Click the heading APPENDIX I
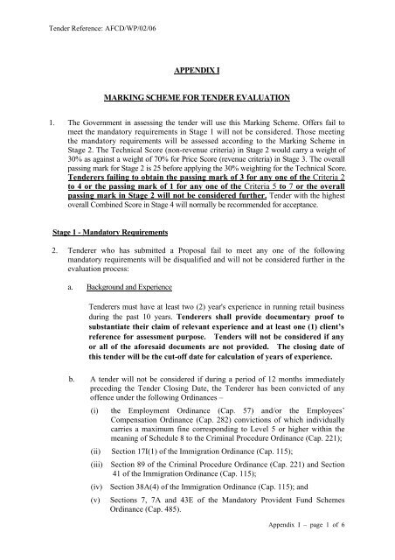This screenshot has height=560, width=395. pos(197,64)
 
